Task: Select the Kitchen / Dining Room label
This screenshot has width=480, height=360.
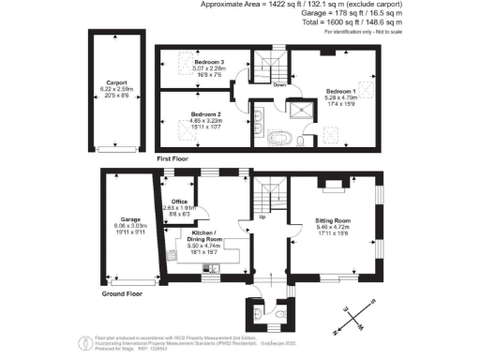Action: click(204, 235)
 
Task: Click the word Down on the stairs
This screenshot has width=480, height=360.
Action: click(278, 83)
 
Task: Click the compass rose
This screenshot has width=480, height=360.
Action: click(357, 317)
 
